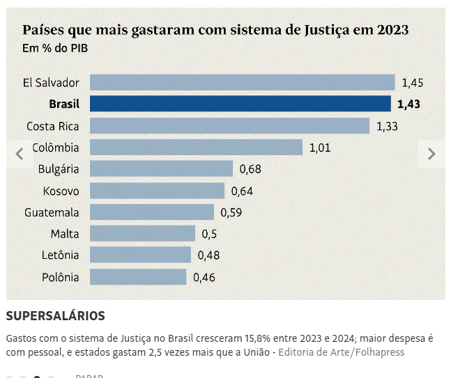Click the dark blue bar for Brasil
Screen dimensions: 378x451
tap(240, 104)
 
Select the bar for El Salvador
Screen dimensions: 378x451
tap(242, 83)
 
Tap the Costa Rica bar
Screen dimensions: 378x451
tap(229, 126)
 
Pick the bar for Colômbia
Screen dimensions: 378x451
tap(196, 148)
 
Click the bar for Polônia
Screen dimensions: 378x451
tap(138, 277)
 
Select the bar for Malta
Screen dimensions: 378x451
tap(142, 234)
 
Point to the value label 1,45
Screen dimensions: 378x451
tap(412, 83)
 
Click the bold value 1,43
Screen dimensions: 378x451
tap(408, 104)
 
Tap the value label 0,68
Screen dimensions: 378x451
tap(250, 169)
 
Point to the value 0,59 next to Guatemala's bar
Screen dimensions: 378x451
tap(231, 212)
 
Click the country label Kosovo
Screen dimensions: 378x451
tap(61, 191)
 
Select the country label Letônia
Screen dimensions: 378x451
tap(60, 255)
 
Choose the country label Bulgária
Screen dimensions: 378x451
tap(59, 169)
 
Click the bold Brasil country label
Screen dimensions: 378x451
tap(64, 104)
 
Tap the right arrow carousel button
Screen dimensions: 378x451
tap(431, 154)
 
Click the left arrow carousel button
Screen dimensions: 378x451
tap(20, 154)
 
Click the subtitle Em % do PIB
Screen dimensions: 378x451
tap(55, 48)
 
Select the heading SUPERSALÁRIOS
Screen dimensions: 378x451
tap(56, 316)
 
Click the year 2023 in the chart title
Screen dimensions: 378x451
tap(392, 30)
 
